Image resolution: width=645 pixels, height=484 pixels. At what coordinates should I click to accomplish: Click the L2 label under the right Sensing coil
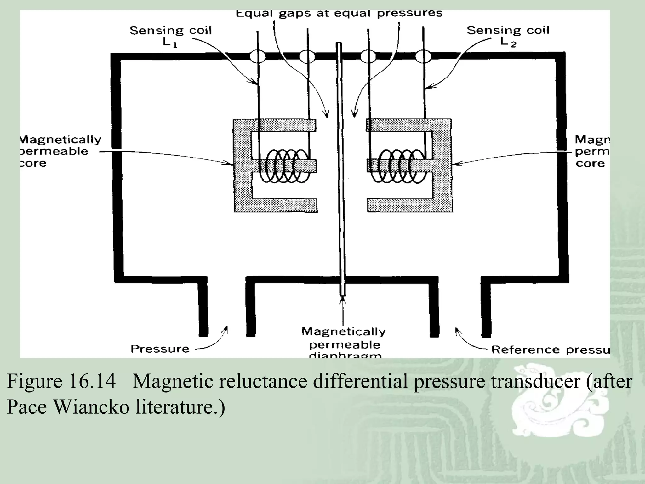[508, 42]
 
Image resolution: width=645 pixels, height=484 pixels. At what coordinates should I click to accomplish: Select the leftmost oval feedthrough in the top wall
[258, 57]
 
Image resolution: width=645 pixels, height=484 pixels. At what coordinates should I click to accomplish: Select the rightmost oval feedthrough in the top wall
[423, 57]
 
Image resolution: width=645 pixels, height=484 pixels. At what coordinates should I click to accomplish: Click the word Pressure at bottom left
[160, 349]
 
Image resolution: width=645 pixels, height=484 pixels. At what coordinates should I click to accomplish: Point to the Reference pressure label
[550, 349]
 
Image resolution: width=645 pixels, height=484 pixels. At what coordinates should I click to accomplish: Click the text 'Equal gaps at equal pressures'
[339, 14]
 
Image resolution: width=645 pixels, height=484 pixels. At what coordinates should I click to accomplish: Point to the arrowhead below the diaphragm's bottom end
[343, 300]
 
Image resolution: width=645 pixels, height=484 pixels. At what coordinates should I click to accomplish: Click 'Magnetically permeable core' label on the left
[60, 151]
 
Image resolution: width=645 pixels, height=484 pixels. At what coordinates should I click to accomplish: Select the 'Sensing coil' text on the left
[170, 31]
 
